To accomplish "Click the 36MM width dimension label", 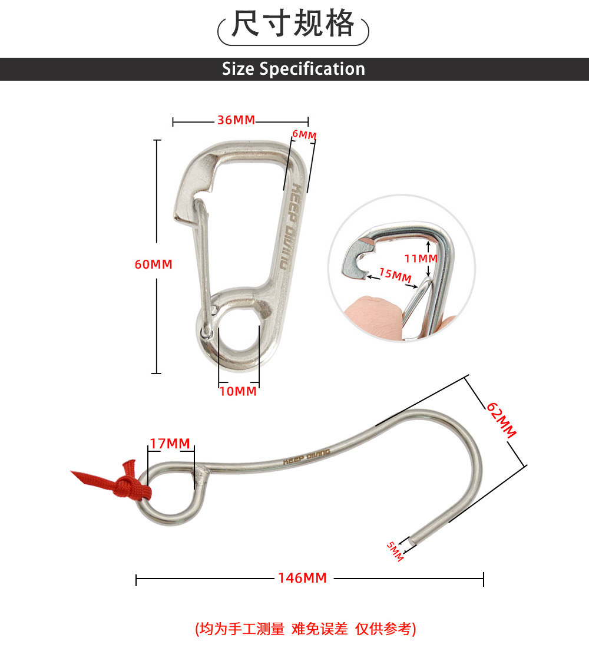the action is (x=236, y=120).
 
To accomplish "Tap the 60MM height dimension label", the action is (x=153, y=264).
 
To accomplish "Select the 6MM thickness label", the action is (x=305, y=134).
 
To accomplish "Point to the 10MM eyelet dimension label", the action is (x=238, y=391).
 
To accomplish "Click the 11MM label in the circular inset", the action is (x=421, y=259).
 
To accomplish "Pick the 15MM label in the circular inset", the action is (x=395, y=275).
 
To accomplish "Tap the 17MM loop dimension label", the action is (x=170, y=444).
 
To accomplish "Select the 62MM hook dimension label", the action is (x=501, y=419).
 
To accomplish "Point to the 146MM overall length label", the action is (x=302, y=578).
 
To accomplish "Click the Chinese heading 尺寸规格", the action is (x=293, y=24).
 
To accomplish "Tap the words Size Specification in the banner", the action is (x=293, y=69).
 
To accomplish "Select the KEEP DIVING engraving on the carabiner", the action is (x=290, y=226).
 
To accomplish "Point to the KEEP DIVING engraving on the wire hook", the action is (x=307, y=456).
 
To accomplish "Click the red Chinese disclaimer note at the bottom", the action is (x=306, y=629).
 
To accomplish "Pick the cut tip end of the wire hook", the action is (x=412, y=541).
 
